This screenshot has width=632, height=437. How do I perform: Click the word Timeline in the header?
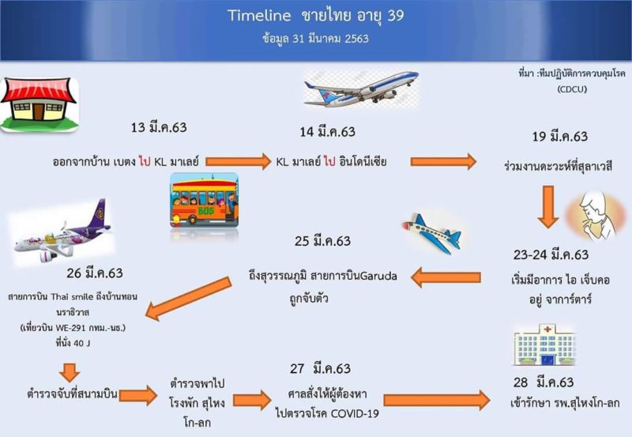(x=259, y=16)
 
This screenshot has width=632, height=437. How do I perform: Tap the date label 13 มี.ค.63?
(x=159, y=127)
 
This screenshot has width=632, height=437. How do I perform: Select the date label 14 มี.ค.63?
(x=327, y=132)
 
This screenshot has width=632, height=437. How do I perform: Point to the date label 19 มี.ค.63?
(x=560, y=136)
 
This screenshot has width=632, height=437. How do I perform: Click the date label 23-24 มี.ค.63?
(x=551, y=254)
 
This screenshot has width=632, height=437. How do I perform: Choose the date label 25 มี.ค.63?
(x=322, y=241)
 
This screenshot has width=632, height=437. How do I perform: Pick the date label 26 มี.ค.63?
(x=95, y=273)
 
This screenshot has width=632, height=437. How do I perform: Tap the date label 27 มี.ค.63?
(x=321, y=368)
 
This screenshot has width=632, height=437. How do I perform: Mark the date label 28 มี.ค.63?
(x=544, y=382)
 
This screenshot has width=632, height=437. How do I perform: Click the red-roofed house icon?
(x=39, y=104)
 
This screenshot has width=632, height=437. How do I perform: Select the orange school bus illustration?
(x=205, y=201)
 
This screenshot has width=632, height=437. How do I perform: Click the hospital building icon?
(x=544, y=345)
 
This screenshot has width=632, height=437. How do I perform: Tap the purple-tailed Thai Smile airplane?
(x=62, y=233)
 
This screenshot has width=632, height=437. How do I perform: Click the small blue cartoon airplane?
(x=432, y=234)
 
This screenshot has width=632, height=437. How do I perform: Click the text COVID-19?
(x=355, y=414)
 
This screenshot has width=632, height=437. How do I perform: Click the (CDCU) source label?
(x=572, y=89)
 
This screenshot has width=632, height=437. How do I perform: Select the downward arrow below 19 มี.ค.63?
(x=547, y=207)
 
